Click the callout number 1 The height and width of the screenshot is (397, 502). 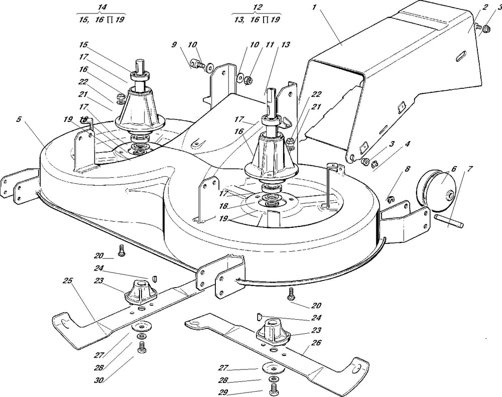coord(315,8)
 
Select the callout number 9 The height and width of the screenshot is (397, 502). coord(174,45)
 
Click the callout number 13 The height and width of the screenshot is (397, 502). coord(286,45)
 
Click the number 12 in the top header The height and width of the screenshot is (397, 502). coord(258,7)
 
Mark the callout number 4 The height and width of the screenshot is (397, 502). coord(407,144)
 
